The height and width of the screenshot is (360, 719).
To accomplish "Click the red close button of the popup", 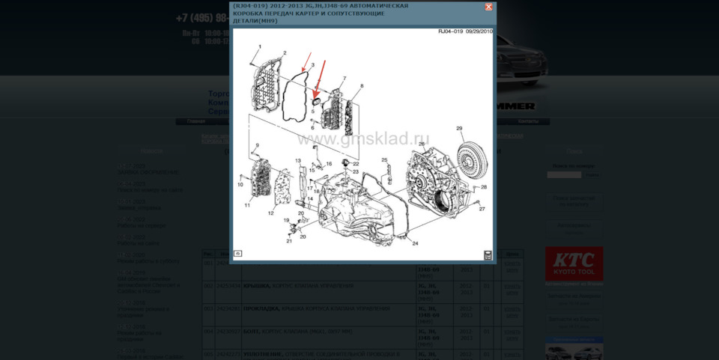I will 488,7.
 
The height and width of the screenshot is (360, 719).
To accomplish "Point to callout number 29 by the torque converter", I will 459,128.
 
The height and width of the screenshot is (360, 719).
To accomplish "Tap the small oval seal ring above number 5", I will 315,100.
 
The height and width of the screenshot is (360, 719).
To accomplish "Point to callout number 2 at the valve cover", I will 285,53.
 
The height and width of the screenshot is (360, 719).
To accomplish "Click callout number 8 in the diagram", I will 361,86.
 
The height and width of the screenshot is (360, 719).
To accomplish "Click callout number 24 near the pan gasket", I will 415,243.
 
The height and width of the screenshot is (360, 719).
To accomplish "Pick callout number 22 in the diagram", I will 356,163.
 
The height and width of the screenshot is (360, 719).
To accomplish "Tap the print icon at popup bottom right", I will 488,254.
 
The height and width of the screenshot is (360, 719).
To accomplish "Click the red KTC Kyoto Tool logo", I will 574,263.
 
